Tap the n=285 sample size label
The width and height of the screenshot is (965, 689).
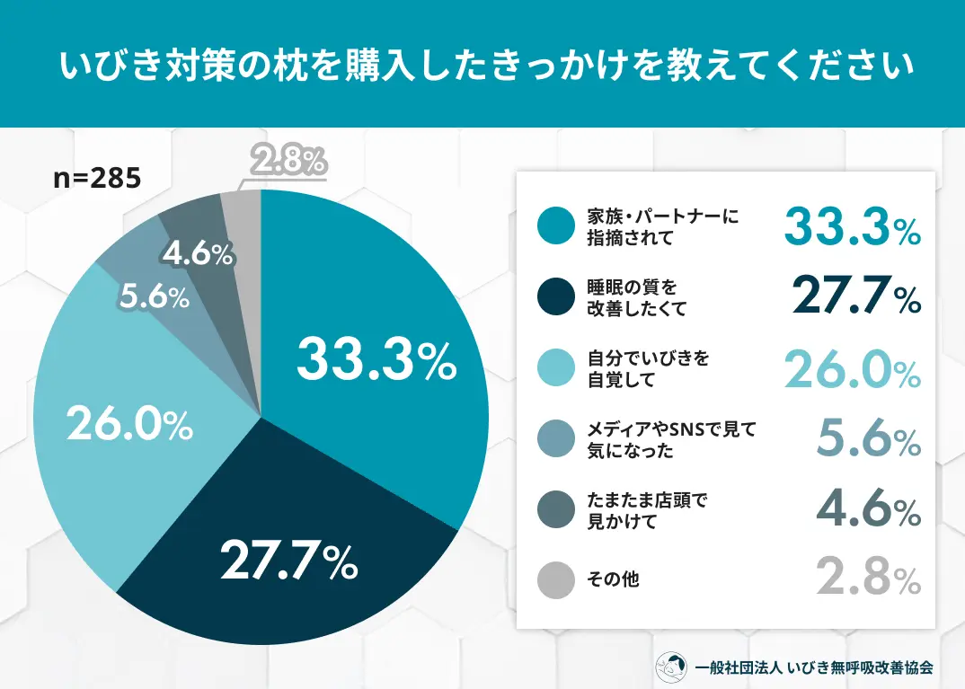97,178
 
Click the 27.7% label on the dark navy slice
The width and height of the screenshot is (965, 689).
289,561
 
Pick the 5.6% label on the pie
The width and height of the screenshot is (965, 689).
155,297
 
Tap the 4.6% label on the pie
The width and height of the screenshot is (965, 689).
199,254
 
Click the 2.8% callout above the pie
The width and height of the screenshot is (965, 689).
288,163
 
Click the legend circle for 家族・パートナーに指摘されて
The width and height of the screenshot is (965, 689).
555,227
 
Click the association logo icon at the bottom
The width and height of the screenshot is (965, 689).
673,667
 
